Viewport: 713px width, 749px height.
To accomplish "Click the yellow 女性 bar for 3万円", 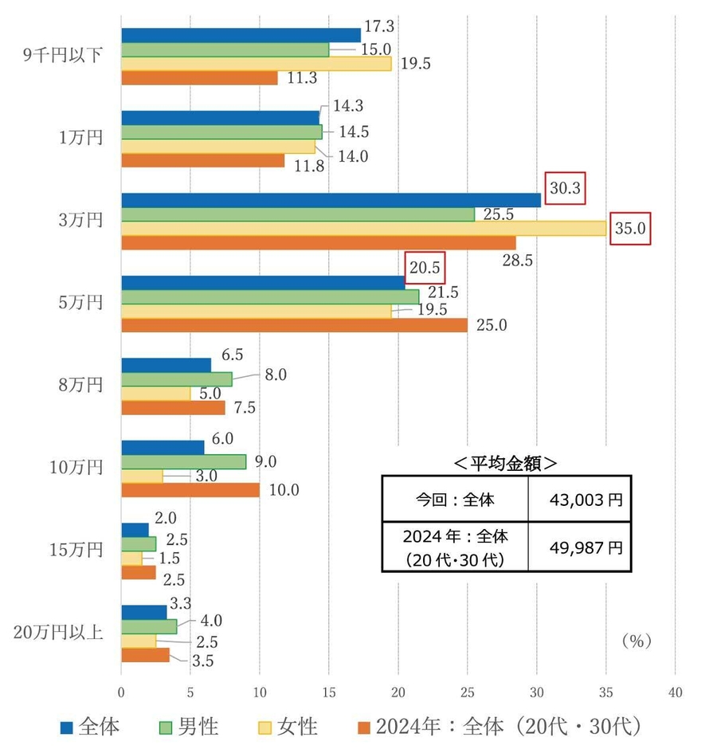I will pos(363,229).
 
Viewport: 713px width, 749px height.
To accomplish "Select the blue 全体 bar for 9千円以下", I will pos(241,35).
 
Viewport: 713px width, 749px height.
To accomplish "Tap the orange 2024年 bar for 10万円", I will pos(190,490).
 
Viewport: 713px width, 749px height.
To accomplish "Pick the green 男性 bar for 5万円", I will pos(270,296).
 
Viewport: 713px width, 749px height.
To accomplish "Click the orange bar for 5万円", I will pos(294,325).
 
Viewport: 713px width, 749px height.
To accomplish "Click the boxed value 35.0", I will pos(631,229).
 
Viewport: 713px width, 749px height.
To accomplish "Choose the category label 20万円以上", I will pos(60,633).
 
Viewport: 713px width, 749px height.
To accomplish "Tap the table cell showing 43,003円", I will pos(579,500).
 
